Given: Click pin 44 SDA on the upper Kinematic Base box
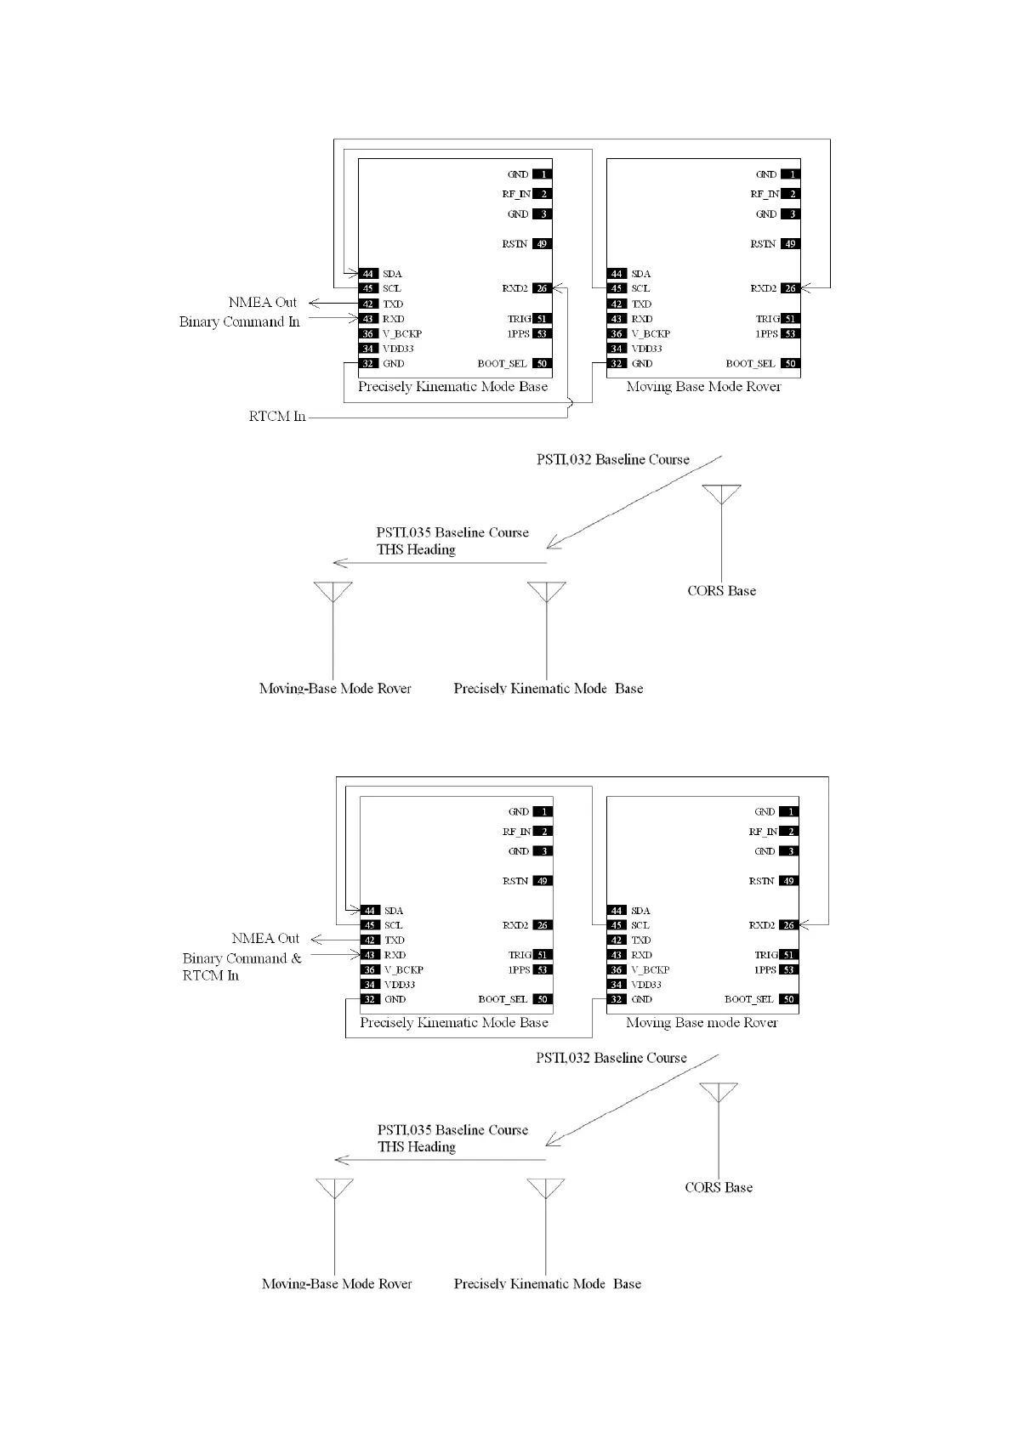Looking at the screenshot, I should tap(368, 274).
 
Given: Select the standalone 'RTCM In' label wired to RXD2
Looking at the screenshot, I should tap(277, 417).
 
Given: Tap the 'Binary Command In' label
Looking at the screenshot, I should tap(239, 321).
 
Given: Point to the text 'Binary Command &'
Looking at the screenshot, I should tap(242, 958).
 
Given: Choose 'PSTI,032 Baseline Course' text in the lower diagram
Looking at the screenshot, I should tap(611, 1058).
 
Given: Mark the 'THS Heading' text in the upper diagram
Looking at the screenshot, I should tap(416, 549).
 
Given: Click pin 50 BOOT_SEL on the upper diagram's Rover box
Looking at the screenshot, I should tap(790, 363).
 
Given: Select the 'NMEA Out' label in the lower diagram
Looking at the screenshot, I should tap(265, 938).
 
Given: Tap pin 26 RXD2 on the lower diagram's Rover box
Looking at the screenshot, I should tap(788, 925).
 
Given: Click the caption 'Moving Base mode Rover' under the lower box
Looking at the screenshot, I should tap(702, 1022).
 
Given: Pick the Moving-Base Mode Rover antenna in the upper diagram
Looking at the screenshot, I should tap(333, 592).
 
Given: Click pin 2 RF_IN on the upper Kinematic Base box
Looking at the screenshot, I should tap(542, 194).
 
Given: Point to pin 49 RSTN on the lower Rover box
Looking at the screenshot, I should tap(788, 881).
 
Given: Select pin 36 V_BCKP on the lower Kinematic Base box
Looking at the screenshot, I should tap(370, 969).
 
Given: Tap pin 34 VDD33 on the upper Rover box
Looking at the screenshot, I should tap(617, 349).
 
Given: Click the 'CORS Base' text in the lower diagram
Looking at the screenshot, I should tap(719, 1187).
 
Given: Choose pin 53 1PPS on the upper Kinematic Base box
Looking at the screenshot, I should tap(542, 333).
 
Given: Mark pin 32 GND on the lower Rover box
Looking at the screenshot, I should tap(617, 999).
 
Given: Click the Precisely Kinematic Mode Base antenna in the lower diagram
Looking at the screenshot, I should tap(545, 1188).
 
